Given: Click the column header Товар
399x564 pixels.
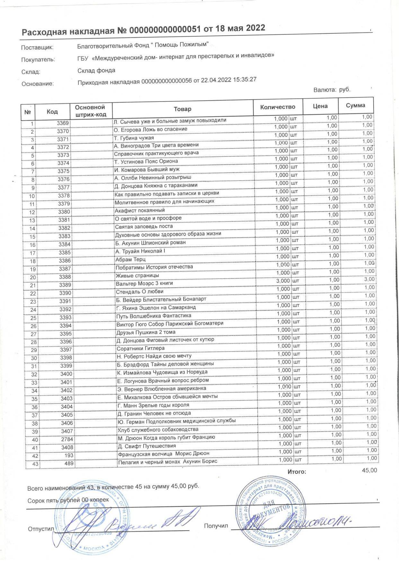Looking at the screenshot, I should (182, 109).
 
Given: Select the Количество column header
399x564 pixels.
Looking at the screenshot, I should (278, 107).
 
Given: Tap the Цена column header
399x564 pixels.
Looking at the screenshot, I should (320, 106).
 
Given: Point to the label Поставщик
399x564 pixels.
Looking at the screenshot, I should (37, 48).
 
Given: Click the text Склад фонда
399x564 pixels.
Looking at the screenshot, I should (96, 70).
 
